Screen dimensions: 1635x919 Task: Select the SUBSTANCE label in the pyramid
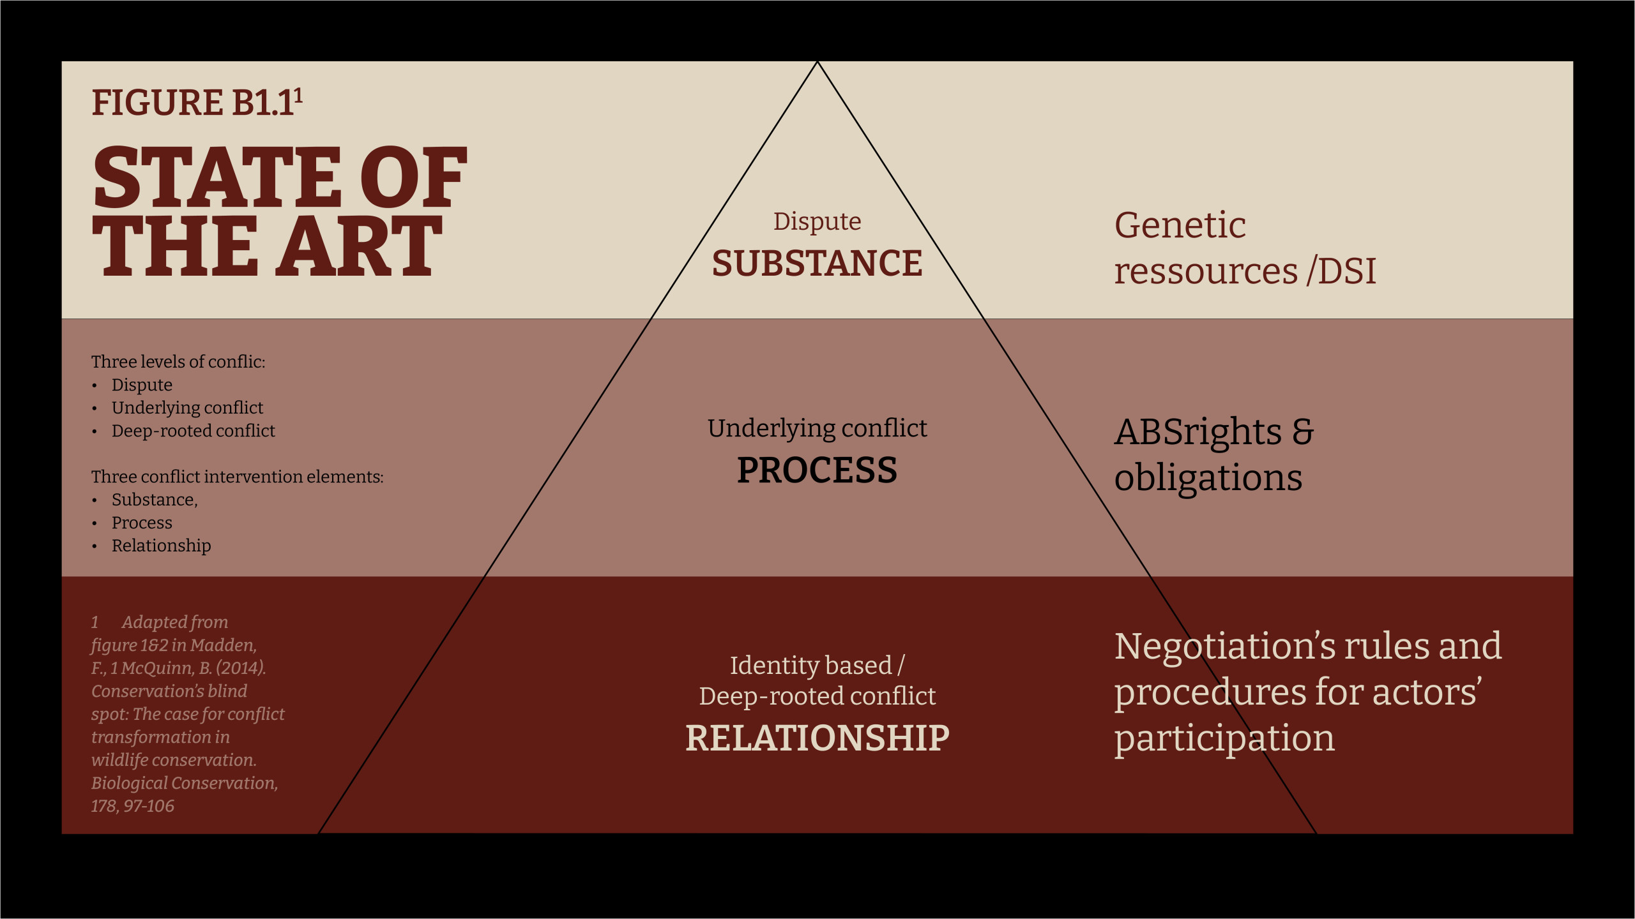click(x=817, y=263)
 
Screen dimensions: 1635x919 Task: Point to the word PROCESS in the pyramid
click(x=817, y=470)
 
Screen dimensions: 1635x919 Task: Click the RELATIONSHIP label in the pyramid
click(x=817, y=738)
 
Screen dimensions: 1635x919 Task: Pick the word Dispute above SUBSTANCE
click(x=817, y=221)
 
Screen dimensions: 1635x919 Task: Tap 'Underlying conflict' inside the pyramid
click(x=817, y=428)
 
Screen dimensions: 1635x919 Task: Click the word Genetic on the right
click(x=1180, y=226)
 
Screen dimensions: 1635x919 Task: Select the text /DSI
click(x=1341, y=271)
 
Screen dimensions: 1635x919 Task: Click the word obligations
click(x=1208, y=478)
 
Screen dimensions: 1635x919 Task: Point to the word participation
click(x=1224, y=739)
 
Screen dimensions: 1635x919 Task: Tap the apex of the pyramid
click(x=817, y=62)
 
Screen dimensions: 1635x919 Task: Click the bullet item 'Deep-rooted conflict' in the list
click(x=193, y=431)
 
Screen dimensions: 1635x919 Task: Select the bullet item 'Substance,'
click(x=155, y=500)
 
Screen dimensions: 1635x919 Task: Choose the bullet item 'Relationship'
click(x=161, y=546)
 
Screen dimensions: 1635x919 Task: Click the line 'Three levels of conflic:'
click(x=178, y=362)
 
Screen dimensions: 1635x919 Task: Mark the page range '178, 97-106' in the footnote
click(x=132, y=806)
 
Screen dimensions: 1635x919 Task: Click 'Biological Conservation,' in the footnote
click(x=185, y=783)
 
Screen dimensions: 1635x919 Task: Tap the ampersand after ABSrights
click(x=1303, y=432)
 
